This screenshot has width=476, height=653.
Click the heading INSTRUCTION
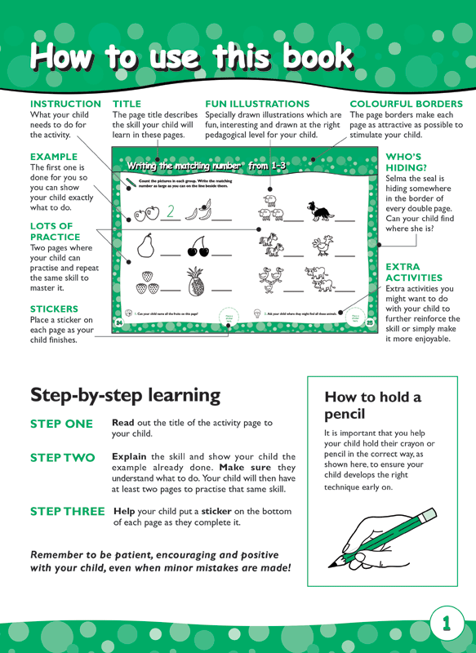tap(65, 104)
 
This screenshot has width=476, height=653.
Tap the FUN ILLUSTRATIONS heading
tap(257, 104)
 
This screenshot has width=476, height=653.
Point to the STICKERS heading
tap(54, 309)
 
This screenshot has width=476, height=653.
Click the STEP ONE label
tap(62, 424)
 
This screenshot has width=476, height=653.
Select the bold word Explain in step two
tap(129, 456)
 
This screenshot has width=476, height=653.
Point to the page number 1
tap(447, 624)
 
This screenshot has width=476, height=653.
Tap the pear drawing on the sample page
tap(146, 246)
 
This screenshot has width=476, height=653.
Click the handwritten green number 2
tap(171, 212)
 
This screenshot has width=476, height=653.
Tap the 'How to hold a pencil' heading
tap(373, 406)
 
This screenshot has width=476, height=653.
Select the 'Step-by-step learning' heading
tap(125, 394)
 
